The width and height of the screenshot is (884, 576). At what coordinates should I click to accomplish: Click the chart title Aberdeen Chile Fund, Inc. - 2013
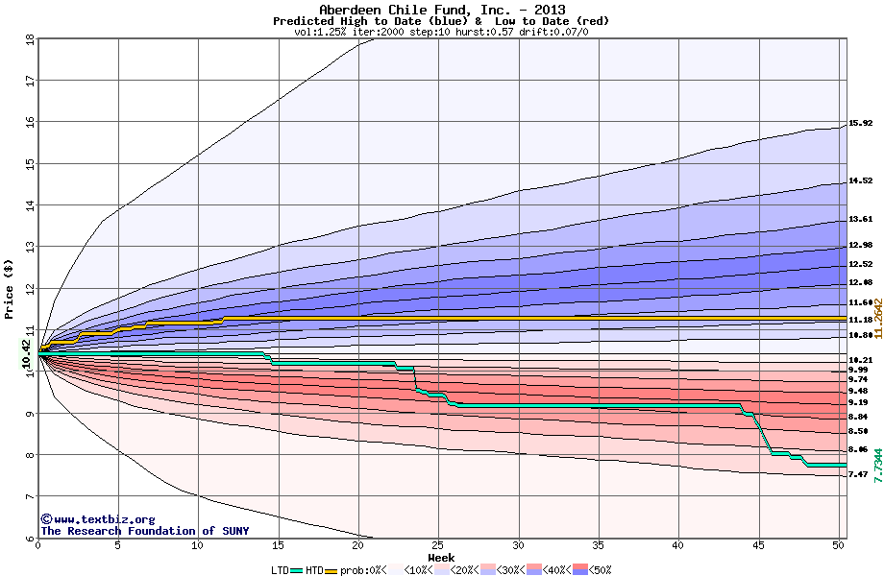(441, 9)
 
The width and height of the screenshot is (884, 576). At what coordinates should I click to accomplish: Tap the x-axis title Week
(441, 557)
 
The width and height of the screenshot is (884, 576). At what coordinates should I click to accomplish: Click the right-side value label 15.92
(860, 123)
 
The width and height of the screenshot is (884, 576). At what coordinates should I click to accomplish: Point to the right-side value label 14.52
(860, 180)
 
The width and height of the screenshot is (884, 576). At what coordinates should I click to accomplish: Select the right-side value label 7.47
(860, 474)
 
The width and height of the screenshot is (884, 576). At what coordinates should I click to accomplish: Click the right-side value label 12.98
(860, 245)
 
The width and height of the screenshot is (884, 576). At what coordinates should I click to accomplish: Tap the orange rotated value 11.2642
(877, 318)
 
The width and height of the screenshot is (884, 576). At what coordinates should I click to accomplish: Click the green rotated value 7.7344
(877, 464)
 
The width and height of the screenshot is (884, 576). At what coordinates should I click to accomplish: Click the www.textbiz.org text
(92, 519)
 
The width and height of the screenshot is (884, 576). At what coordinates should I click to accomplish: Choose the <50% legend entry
(597, 569)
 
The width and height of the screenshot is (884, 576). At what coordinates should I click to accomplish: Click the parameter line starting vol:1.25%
(441, 32)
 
